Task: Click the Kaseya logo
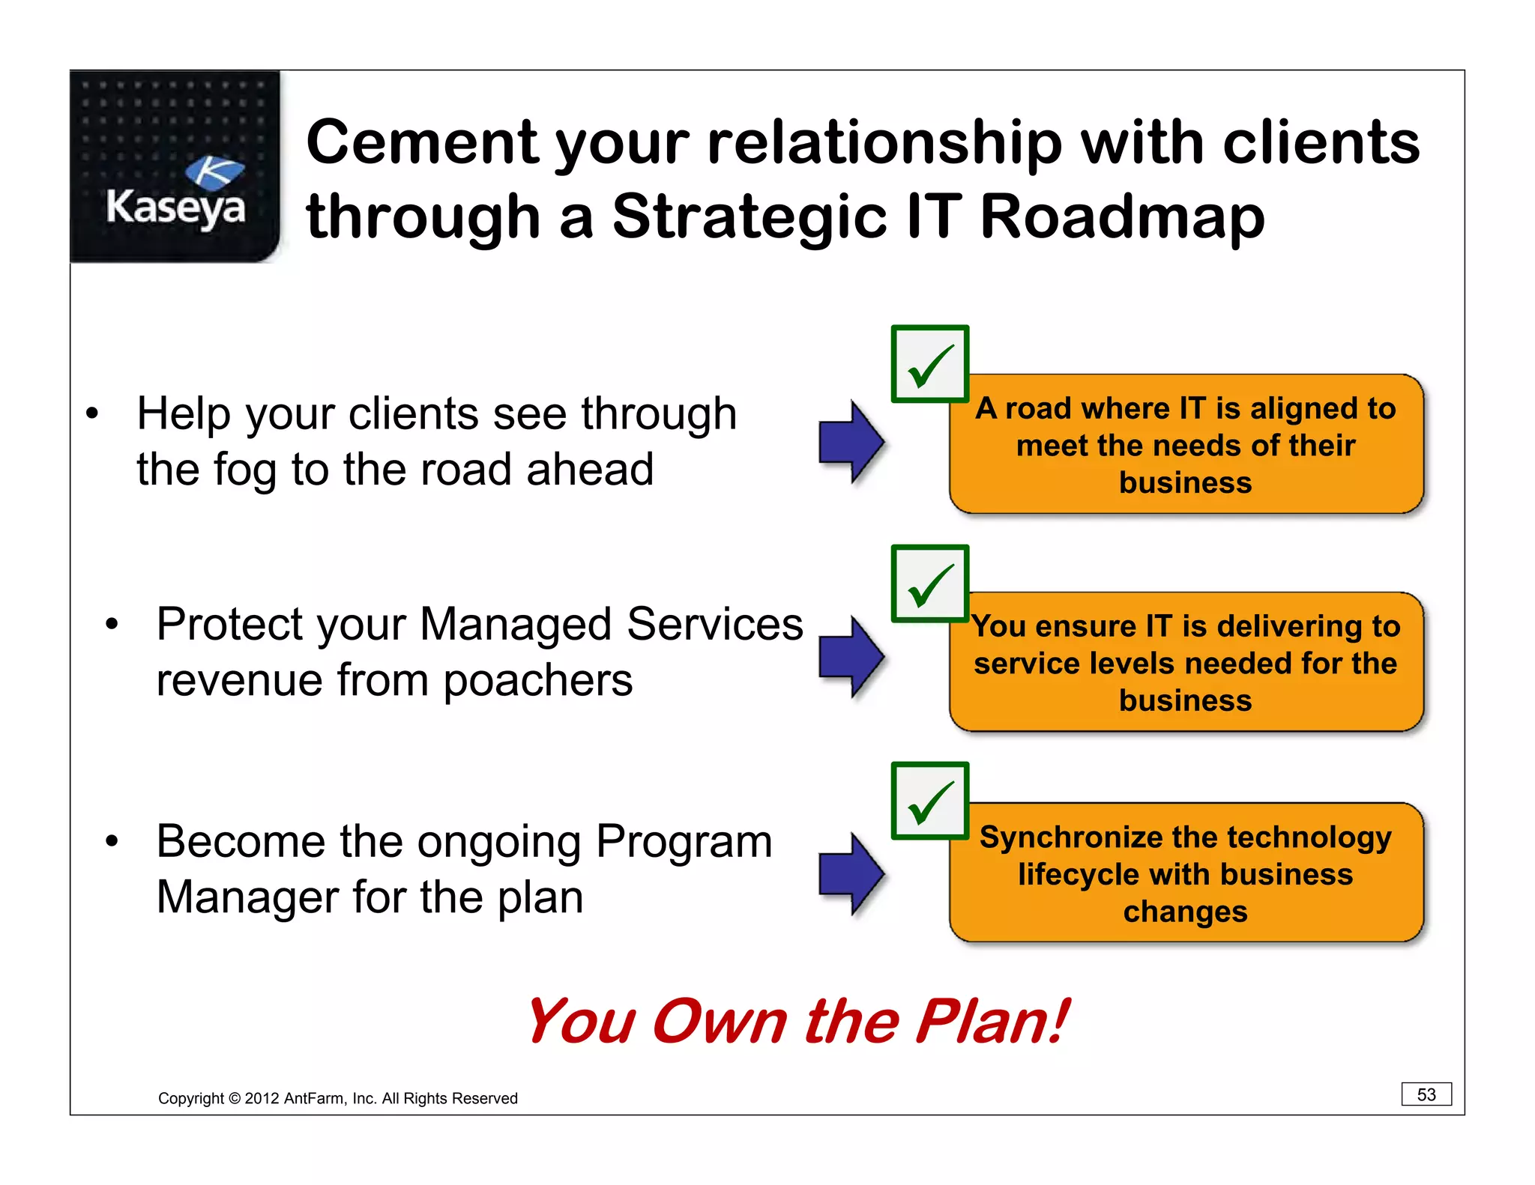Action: point(175,167)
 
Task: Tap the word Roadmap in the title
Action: point(1122,217)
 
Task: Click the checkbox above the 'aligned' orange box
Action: point(929,364)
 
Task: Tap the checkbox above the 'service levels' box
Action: point(929,584)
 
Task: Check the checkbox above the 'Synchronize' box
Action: point(929,801)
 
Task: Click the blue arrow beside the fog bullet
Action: point(851,442)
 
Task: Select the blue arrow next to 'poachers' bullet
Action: point(851,657)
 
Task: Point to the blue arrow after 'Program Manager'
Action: point(851,873)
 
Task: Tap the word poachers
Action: point(537,681)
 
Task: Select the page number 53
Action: point(1426,1094)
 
